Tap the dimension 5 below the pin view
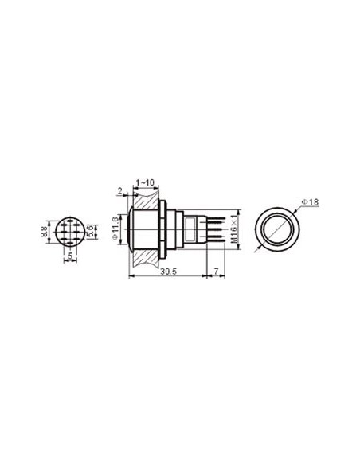tap(70, 256)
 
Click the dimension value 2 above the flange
tap(120, 190)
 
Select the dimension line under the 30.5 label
tap(167, 277)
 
